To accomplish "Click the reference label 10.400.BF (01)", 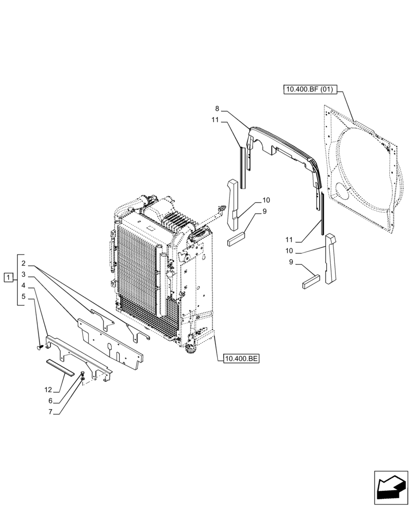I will click(x=309, y=90).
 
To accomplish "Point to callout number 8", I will click(x=217, y=108).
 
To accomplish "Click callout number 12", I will click(x=48, y=390).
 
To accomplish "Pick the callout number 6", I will click(x=51, y=401).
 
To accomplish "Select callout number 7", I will click(x=51, y=411).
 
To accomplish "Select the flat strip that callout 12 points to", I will click(x=60, y=366).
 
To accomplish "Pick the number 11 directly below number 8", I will click(x=215, y=120).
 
